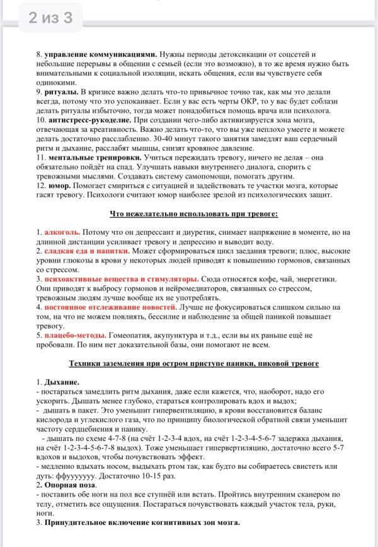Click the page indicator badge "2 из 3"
[50, 18]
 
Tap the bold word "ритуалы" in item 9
[62, 91]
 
